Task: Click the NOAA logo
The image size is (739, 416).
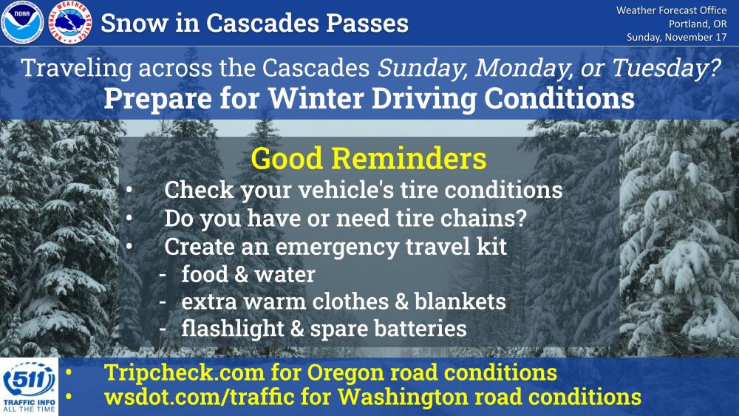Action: click(x=22, y=23)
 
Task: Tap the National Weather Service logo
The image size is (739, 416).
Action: click(x=69, y=23)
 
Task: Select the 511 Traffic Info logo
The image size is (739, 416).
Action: click(x=30, y=386)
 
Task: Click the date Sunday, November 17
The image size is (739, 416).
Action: click(x=676, y=37)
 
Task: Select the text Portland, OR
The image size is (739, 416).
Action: click(x=698, y=24)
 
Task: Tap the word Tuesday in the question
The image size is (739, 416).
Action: click(x=667, y=69)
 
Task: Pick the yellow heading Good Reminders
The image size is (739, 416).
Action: click(x=369, y=158)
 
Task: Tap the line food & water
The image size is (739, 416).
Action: click(x=248, y=274)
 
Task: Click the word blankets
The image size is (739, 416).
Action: click(x=460, y=301)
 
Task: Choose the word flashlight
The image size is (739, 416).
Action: click(x=233, y=329)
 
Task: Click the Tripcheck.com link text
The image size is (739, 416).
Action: click(x=184, y=372)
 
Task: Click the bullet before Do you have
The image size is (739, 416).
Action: click(x=129, y=218)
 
